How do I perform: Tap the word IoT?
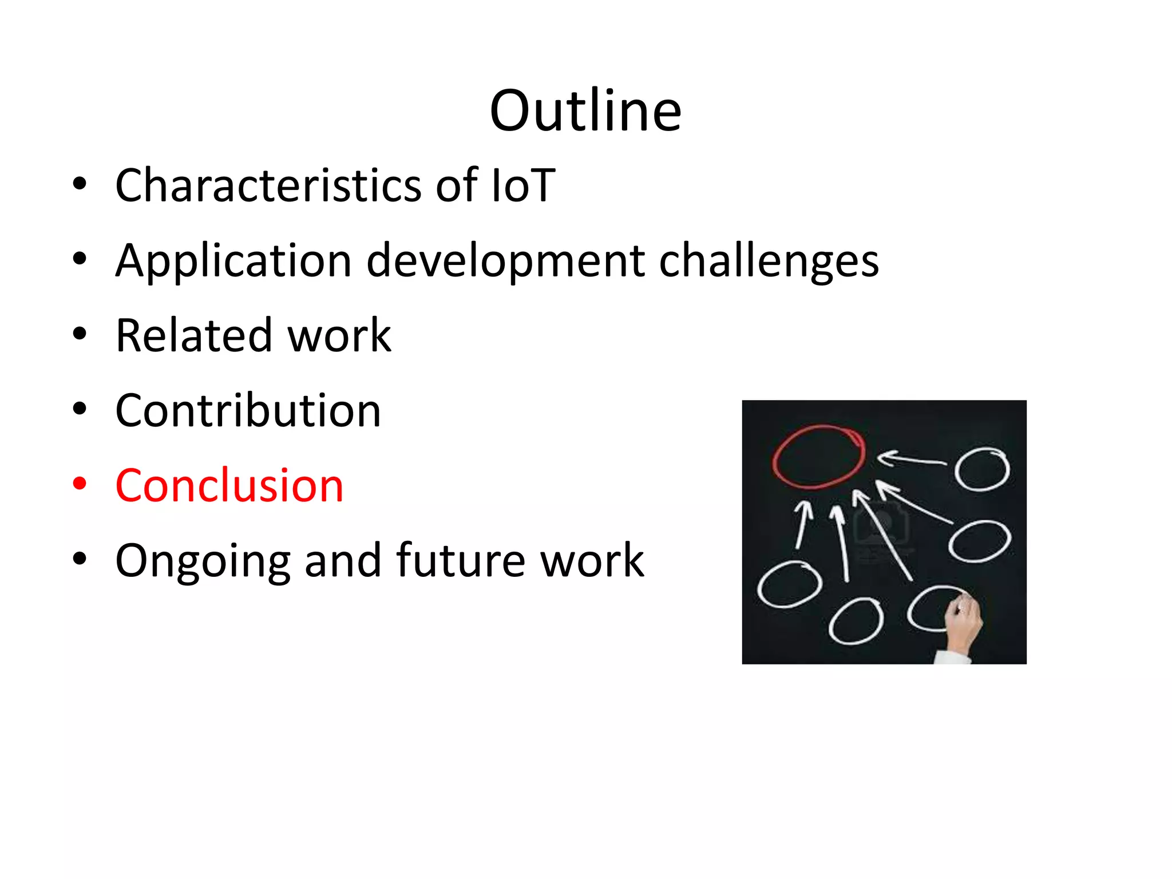523,185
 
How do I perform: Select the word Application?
233,261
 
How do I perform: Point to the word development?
505,261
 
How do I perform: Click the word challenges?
769,261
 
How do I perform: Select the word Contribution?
248,411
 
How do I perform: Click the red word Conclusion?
229,486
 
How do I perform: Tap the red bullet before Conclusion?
80,484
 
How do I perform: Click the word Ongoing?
202,561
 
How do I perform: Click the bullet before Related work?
80,334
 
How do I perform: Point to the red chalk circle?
818,457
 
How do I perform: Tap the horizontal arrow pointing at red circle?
911,459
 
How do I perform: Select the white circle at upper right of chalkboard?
982,469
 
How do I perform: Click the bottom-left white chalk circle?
789,584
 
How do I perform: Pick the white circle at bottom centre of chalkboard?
856,621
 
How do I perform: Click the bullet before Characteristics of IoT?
80,184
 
